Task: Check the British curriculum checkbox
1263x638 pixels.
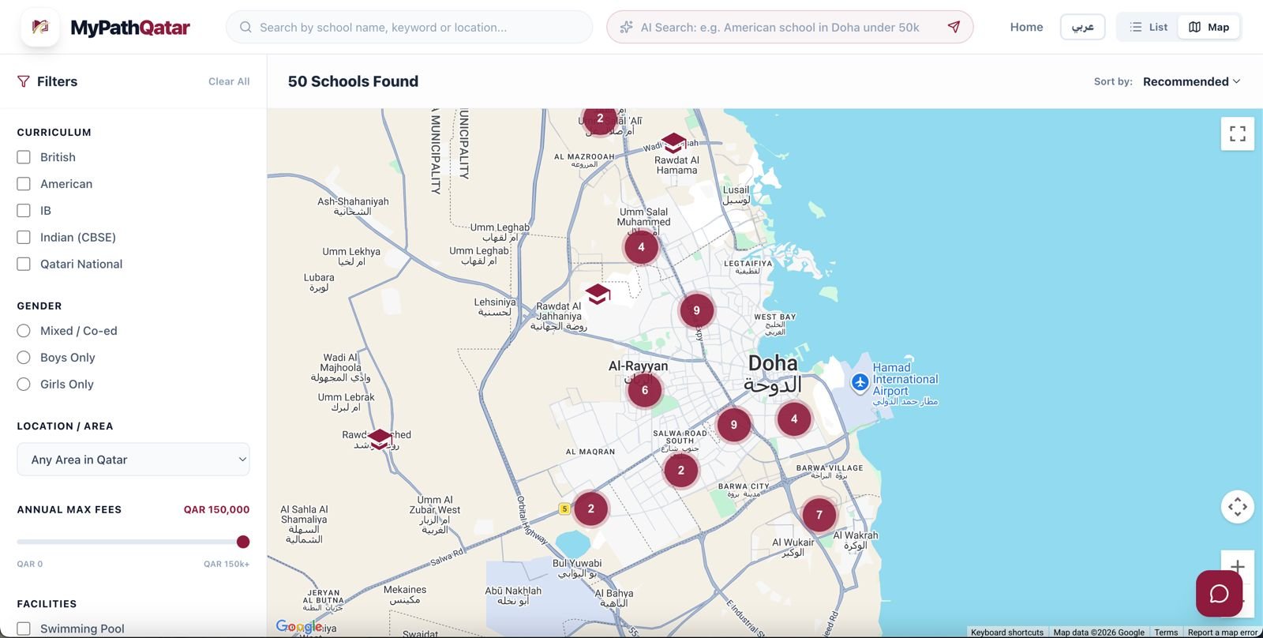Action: [24, 157]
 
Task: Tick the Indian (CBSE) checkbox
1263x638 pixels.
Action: [24, 237]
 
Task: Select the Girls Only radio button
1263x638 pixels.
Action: [24, 385]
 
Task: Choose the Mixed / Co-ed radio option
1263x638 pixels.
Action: [24, 331]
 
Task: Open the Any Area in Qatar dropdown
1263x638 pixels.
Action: [133, 460]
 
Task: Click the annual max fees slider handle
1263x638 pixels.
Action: [243, 542]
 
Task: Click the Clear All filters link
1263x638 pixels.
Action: [229, 81]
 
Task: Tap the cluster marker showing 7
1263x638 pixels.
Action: [819, 515]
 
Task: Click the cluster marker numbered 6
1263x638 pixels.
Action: [644, 390]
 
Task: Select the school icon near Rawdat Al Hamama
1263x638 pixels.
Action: [673, 143]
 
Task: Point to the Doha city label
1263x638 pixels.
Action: [773, 364]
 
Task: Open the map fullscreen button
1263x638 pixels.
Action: [1237, 134]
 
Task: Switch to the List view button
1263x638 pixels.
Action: [1149, 27]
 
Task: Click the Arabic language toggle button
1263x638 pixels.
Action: [1082, 27]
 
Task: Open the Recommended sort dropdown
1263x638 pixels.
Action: [1191, 81]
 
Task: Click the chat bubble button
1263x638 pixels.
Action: [1219, 594]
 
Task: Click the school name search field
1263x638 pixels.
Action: [410, 27]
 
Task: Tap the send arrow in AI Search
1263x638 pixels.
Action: [954, 27]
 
